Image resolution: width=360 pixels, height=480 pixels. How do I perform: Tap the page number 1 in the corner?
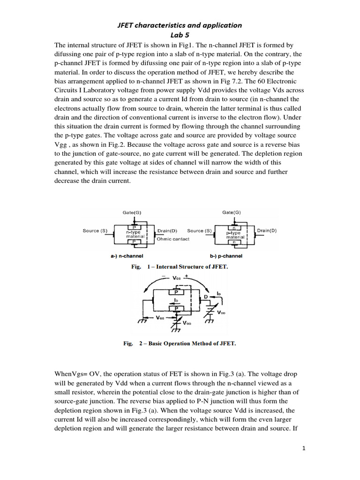pos(304,449)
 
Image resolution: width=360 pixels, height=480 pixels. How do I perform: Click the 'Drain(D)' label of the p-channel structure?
pos(267,231)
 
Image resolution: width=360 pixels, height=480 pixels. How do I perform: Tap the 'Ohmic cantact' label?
pos(173,239)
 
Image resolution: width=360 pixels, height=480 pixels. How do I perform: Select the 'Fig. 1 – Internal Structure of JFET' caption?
pos(180,267)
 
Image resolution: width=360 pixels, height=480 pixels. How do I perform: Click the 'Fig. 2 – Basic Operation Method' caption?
pos(180,344)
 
